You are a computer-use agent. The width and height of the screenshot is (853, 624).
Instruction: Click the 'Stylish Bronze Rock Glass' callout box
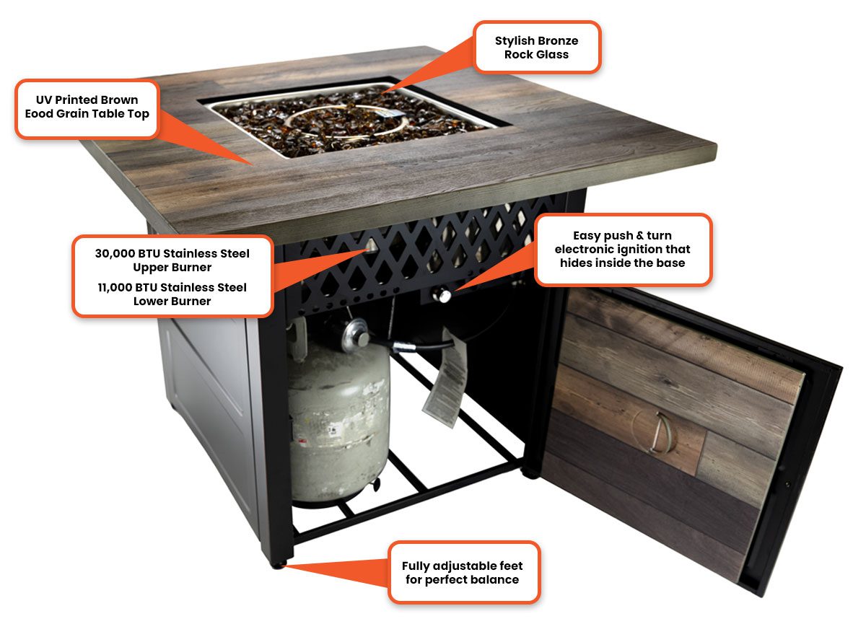tap(536, 47)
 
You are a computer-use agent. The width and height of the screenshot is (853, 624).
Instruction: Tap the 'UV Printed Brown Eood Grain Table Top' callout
tap(87, 107)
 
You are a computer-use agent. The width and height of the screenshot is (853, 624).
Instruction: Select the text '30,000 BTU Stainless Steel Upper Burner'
tap(172, 260)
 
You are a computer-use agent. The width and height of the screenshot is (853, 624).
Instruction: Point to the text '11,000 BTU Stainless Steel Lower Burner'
tap(172, 294)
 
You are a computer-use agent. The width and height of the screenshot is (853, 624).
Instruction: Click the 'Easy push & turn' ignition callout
tap(622, 249)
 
